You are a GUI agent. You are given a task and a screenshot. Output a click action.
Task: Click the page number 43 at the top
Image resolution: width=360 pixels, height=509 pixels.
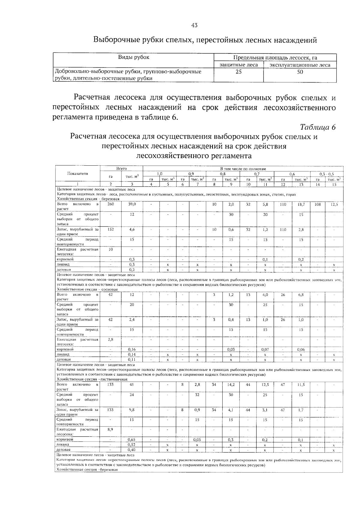(194, 26)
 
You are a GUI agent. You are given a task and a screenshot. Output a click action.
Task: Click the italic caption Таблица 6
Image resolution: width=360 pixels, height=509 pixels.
(317, 127)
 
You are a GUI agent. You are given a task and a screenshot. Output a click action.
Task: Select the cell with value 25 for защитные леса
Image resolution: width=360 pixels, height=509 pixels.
(238, 72)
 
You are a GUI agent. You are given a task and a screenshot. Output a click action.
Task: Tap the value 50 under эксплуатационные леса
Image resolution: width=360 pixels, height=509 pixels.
(300, 72)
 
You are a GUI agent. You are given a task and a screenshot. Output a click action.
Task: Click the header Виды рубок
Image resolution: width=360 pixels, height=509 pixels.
(133, 57)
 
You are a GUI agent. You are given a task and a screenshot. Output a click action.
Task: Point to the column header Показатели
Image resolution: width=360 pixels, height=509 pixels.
(78, 173)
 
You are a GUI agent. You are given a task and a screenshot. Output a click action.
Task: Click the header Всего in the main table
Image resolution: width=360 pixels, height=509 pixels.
(121, 169)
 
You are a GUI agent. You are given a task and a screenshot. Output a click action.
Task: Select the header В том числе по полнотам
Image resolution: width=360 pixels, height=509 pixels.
(243, 169)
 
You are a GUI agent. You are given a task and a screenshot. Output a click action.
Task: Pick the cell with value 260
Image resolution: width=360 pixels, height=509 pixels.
(110, 204)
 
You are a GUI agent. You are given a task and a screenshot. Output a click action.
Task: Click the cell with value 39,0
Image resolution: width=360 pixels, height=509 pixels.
(132, 204)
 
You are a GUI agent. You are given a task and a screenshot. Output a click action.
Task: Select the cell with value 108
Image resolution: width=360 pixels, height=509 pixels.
(318, 204)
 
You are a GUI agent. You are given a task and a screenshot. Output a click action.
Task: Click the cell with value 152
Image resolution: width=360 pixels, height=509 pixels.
(110, 229)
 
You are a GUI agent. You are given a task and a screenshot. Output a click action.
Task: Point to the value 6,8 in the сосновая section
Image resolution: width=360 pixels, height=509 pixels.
(301, 295)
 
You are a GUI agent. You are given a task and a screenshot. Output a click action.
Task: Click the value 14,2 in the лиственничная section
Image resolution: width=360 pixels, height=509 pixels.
(231, 384)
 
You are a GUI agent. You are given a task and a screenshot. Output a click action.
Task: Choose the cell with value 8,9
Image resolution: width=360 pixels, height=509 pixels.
(110, 429)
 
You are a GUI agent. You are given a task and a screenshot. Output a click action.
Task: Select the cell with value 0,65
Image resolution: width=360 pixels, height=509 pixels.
(132, 439)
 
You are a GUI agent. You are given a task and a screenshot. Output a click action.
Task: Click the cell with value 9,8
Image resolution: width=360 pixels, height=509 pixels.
(132, 410)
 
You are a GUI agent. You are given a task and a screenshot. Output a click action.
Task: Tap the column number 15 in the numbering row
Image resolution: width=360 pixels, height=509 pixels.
(334, 185)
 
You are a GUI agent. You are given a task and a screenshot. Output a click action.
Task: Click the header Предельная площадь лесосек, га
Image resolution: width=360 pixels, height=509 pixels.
(275, 58)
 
